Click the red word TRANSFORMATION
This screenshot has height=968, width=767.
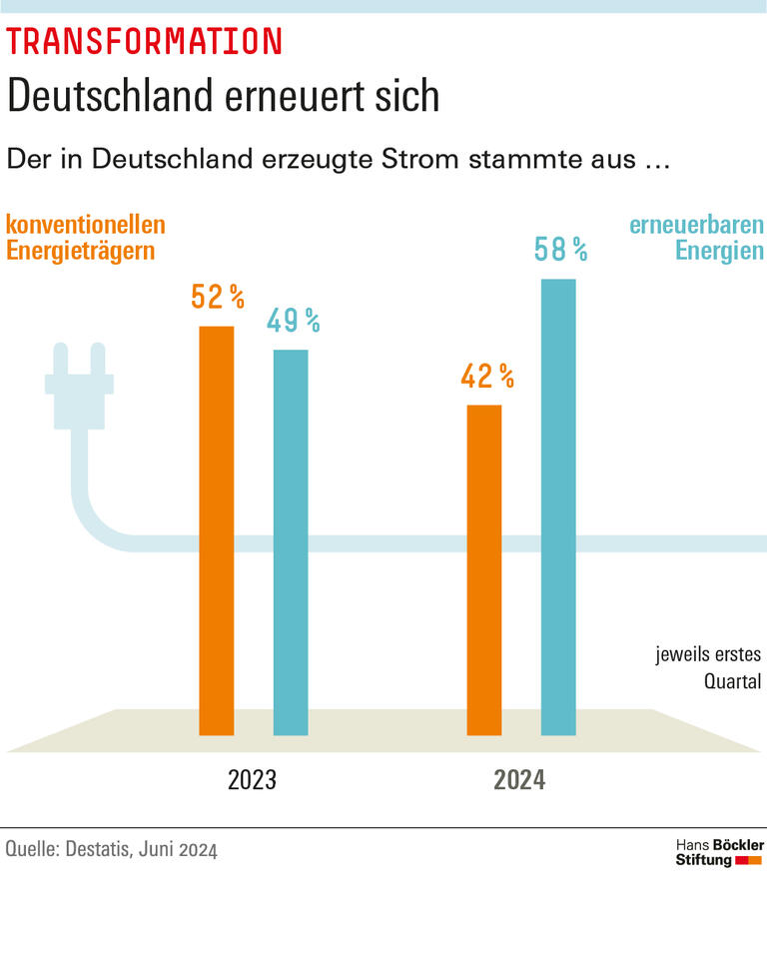(x=145, y=41)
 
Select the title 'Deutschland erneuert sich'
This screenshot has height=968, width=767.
(x=223, y=96)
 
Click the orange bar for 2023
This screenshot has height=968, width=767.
(x=217, y=529)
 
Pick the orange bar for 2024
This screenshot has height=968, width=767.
(x=484, y=569)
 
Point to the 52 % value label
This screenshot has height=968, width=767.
(x=218, y=297)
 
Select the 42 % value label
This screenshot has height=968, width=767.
(x=486, y=377)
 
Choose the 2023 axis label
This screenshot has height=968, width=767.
(x=252, y=780)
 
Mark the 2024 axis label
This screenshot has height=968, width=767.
(x=519, y=780)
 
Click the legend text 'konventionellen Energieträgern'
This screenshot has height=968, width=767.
(x=85, y=238)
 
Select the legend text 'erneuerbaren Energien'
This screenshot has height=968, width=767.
(x=696, y=238)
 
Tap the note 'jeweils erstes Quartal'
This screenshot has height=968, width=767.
(x=708, y=668)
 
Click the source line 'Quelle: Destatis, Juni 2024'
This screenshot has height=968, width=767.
(x=111, y=850)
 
